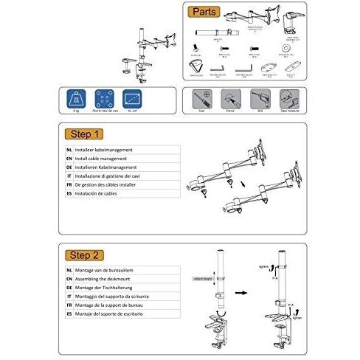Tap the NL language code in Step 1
(69, 150)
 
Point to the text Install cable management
(103, 159)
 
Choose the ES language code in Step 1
(69, 194)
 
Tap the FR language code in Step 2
(69, 306)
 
